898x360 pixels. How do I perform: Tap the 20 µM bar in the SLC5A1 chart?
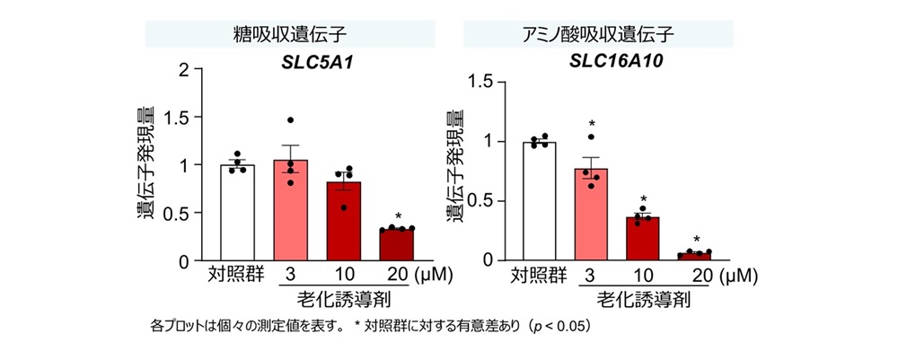click(x=396, y=245)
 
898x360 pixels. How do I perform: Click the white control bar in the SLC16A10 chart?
click(x=540, y=201)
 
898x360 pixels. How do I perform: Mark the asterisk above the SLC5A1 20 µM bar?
click(x=398, y=216)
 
